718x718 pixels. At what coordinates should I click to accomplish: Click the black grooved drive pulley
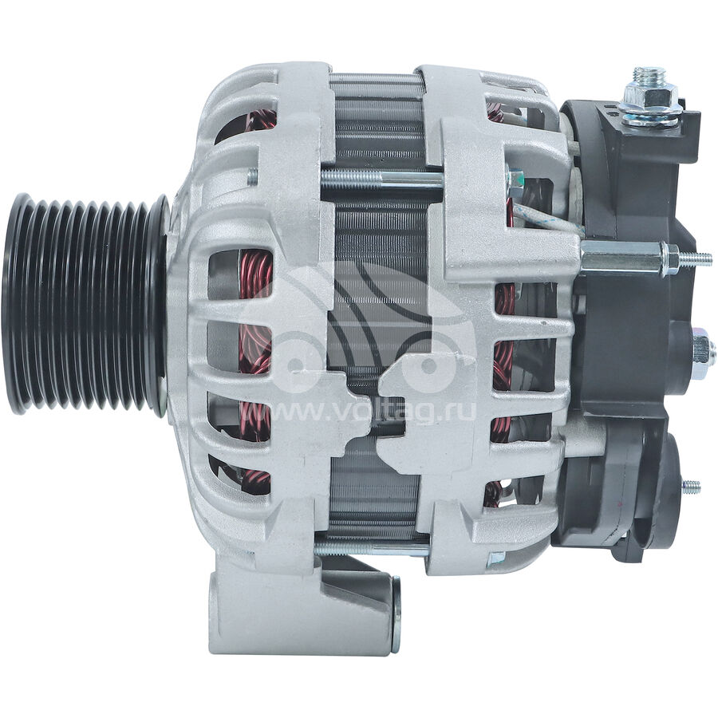coord(85,305)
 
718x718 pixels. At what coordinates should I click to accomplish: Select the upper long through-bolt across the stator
coord(381,178)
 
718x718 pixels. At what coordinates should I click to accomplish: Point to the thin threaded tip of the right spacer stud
coord(695,259)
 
